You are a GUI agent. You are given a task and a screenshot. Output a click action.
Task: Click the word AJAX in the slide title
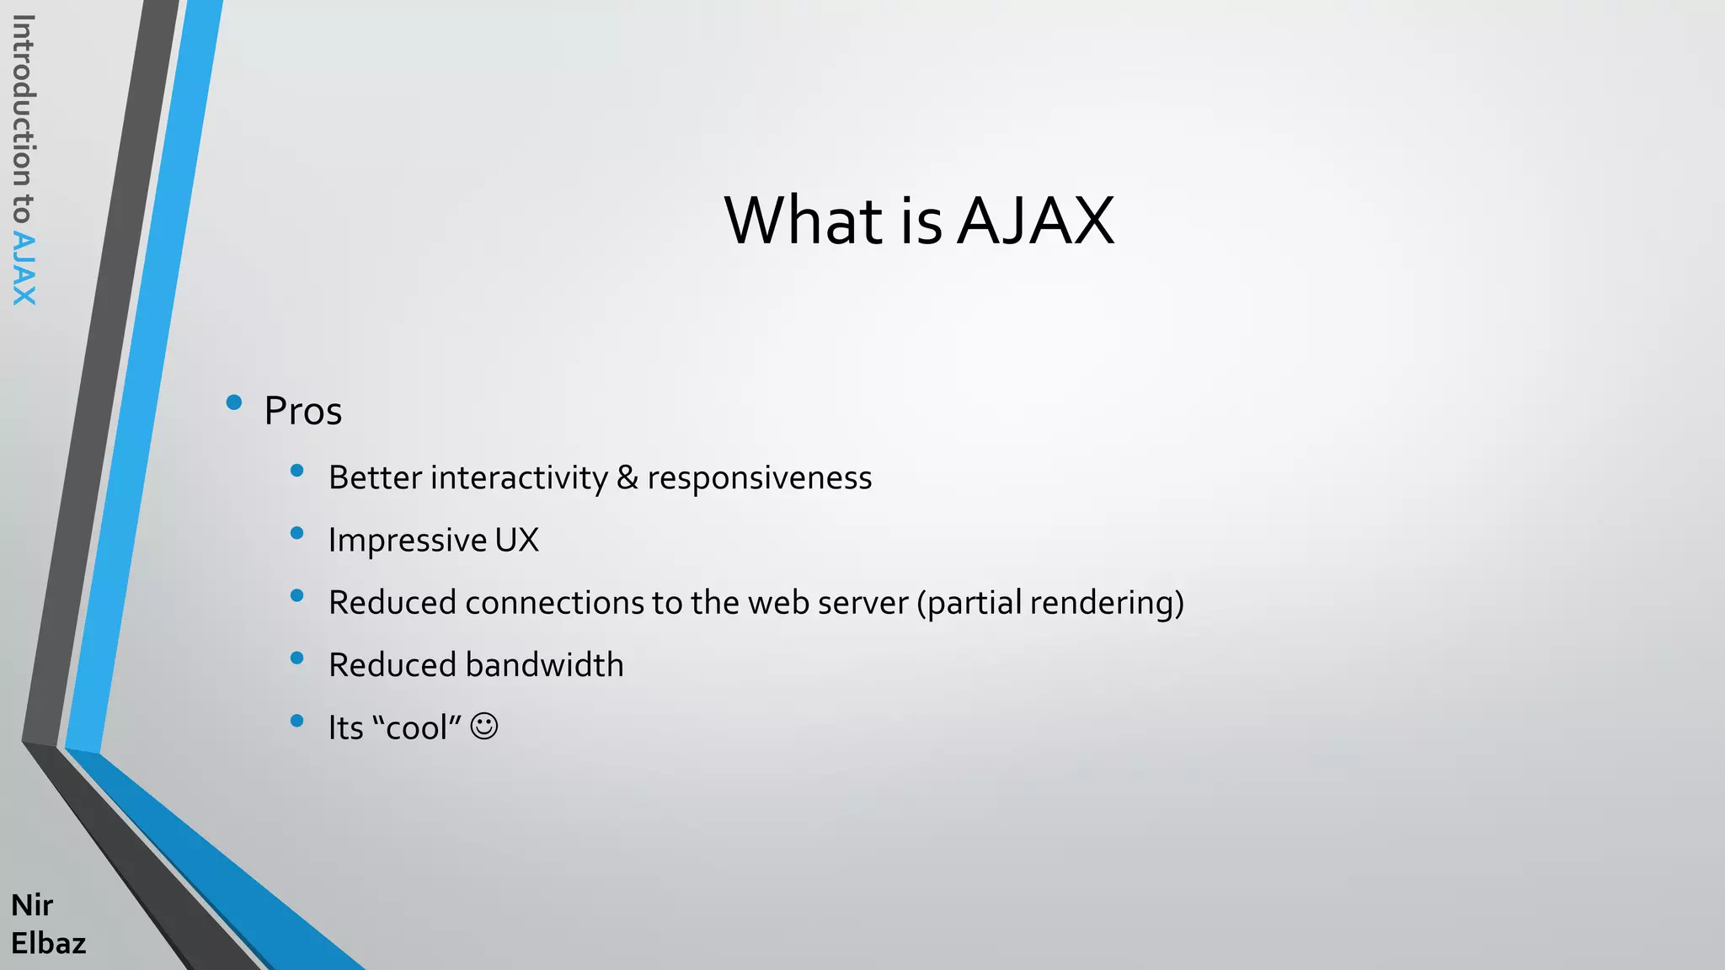1036,221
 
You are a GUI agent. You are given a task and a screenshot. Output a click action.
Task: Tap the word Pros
303,411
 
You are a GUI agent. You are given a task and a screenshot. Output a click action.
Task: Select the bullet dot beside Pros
234,402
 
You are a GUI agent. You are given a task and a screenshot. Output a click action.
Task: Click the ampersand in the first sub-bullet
627,477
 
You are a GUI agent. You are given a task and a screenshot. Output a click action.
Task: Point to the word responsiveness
759,478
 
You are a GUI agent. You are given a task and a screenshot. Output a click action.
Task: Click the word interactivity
519,478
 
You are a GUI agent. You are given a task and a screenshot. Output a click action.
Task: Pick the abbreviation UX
516,540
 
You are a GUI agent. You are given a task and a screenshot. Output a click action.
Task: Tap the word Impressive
408,541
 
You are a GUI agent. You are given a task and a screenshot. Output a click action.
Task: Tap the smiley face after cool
484,726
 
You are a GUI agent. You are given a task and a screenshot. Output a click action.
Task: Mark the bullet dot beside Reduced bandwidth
296,658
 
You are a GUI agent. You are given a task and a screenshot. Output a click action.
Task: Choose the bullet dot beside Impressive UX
296,533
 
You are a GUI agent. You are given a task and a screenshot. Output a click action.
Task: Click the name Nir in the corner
32,905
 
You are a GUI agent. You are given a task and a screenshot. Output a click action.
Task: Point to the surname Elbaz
48,943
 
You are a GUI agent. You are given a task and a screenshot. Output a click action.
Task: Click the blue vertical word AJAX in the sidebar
24,269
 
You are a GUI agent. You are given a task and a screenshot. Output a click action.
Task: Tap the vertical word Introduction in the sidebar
24,101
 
